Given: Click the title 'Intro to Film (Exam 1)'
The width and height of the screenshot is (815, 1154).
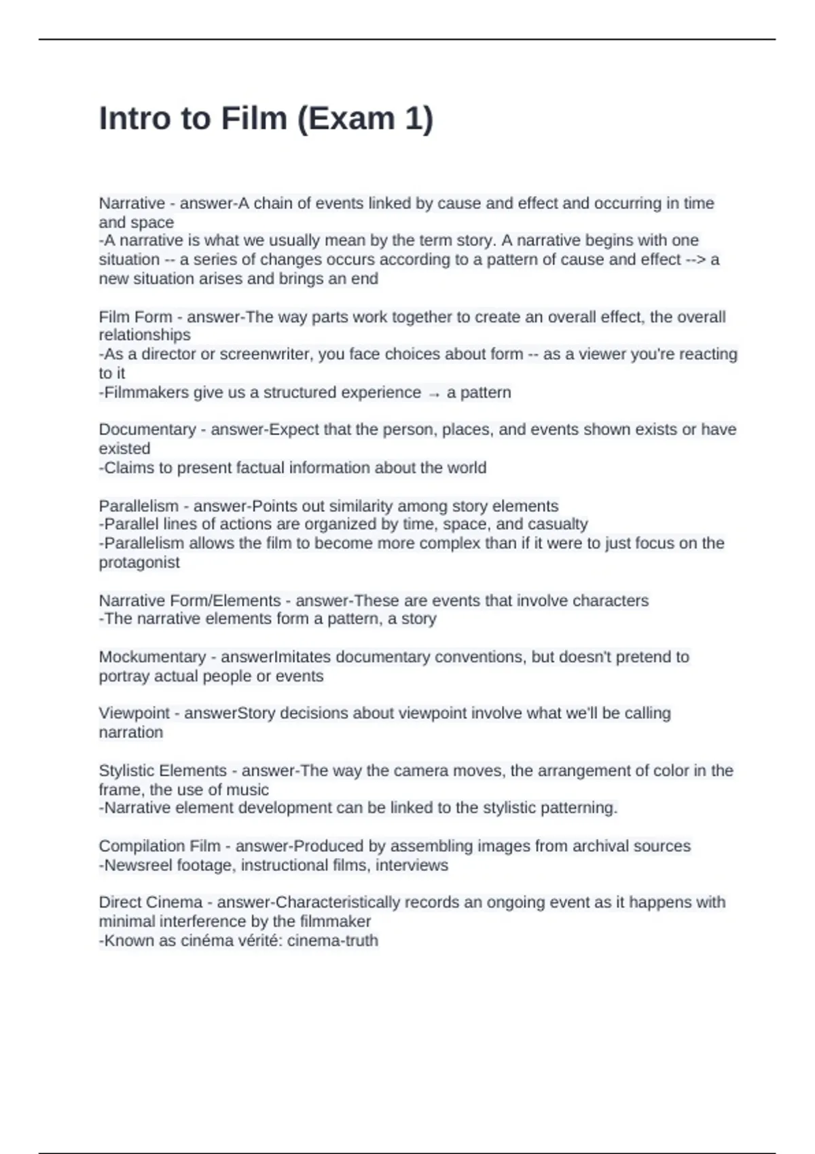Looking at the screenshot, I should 266,119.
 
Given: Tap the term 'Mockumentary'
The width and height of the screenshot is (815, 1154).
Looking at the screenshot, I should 152,657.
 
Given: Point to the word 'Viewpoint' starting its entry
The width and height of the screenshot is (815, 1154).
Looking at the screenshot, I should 134,713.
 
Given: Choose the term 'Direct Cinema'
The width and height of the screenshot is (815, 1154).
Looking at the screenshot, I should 151,903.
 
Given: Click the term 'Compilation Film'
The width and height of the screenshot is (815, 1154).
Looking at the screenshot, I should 160,846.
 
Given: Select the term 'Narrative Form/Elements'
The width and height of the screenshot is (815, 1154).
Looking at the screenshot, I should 189,601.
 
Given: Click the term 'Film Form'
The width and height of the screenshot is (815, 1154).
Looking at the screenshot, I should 135,317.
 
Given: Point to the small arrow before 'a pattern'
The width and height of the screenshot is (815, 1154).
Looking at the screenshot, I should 434,394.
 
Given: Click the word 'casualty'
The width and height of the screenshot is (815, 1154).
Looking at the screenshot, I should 559,525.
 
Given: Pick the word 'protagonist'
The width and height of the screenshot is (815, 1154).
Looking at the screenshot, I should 139,563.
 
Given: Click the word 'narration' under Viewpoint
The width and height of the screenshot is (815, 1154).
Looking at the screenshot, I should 131,732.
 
